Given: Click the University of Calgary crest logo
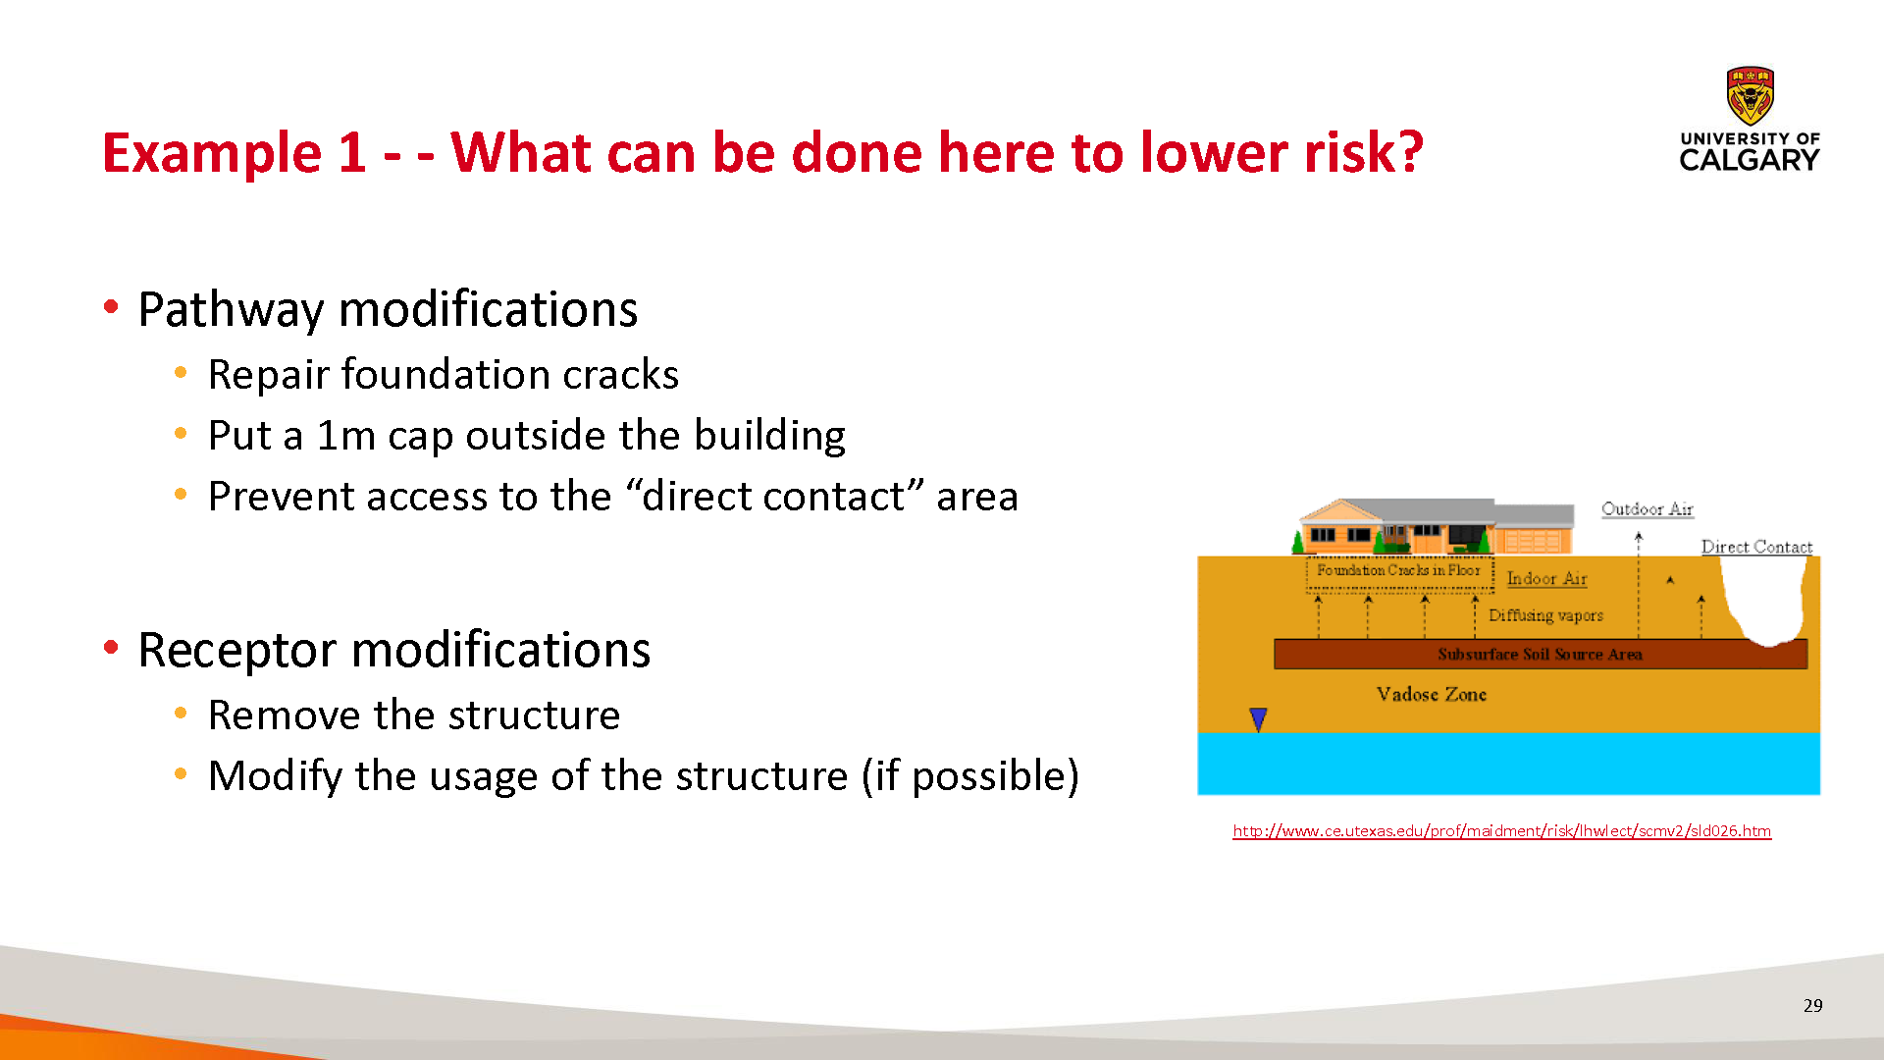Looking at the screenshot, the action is click(x=1750, y=95).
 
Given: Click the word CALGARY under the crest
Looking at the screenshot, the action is click(x=1750, y=160).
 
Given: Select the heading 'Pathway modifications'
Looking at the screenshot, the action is click(x=388, y=310).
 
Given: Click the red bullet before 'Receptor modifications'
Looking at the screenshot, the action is click(x=111, y=647).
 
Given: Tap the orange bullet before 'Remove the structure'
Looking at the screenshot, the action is click(x=181, y=714).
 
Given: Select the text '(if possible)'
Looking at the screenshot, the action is click(x=969, y=776).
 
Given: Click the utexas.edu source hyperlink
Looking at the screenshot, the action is click(x=1501, y=830).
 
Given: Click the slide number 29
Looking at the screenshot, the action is click(x=1812, y=1005).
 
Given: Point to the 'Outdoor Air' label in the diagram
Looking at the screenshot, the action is click(x=1648, y=508).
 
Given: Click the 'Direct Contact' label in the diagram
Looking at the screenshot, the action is click(x=1756, y=547).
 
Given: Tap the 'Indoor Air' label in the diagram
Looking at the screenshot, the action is click(x=1546, y=579).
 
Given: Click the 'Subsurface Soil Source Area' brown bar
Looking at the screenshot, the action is click(x=1541, y=654).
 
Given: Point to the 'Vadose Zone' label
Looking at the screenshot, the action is click(x=1432, y=694).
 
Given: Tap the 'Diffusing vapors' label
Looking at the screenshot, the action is click(x=1545, y=615).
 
